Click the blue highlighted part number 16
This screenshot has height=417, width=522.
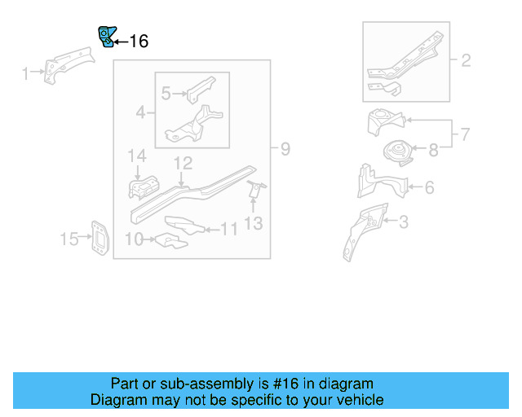[x=105, y=37]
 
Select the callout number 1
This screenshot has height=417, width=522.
[x=25, y=75]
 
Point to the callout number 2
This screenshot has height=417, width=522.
[x=466, y=60]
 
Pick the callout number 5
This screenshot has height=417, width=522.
[x=166, y=94]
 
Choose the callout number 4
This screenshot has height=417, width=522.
[x=140, y=112]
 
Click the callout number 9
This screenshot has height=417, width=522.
[x=285, y=149]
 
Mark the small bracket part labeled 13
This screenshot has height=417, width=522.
[x=254, y=191]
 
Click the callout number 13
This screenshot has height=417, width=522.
[x=254, y=222]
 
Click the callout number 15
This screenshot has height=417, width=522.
[x=69, y=239]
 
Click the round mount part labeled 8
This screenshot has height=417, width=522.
[x=397, y=152]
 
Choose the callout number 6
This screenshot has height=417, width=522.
[x=428, y=188]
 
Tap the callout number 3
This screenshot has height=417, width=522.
[x=403, y=221]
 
